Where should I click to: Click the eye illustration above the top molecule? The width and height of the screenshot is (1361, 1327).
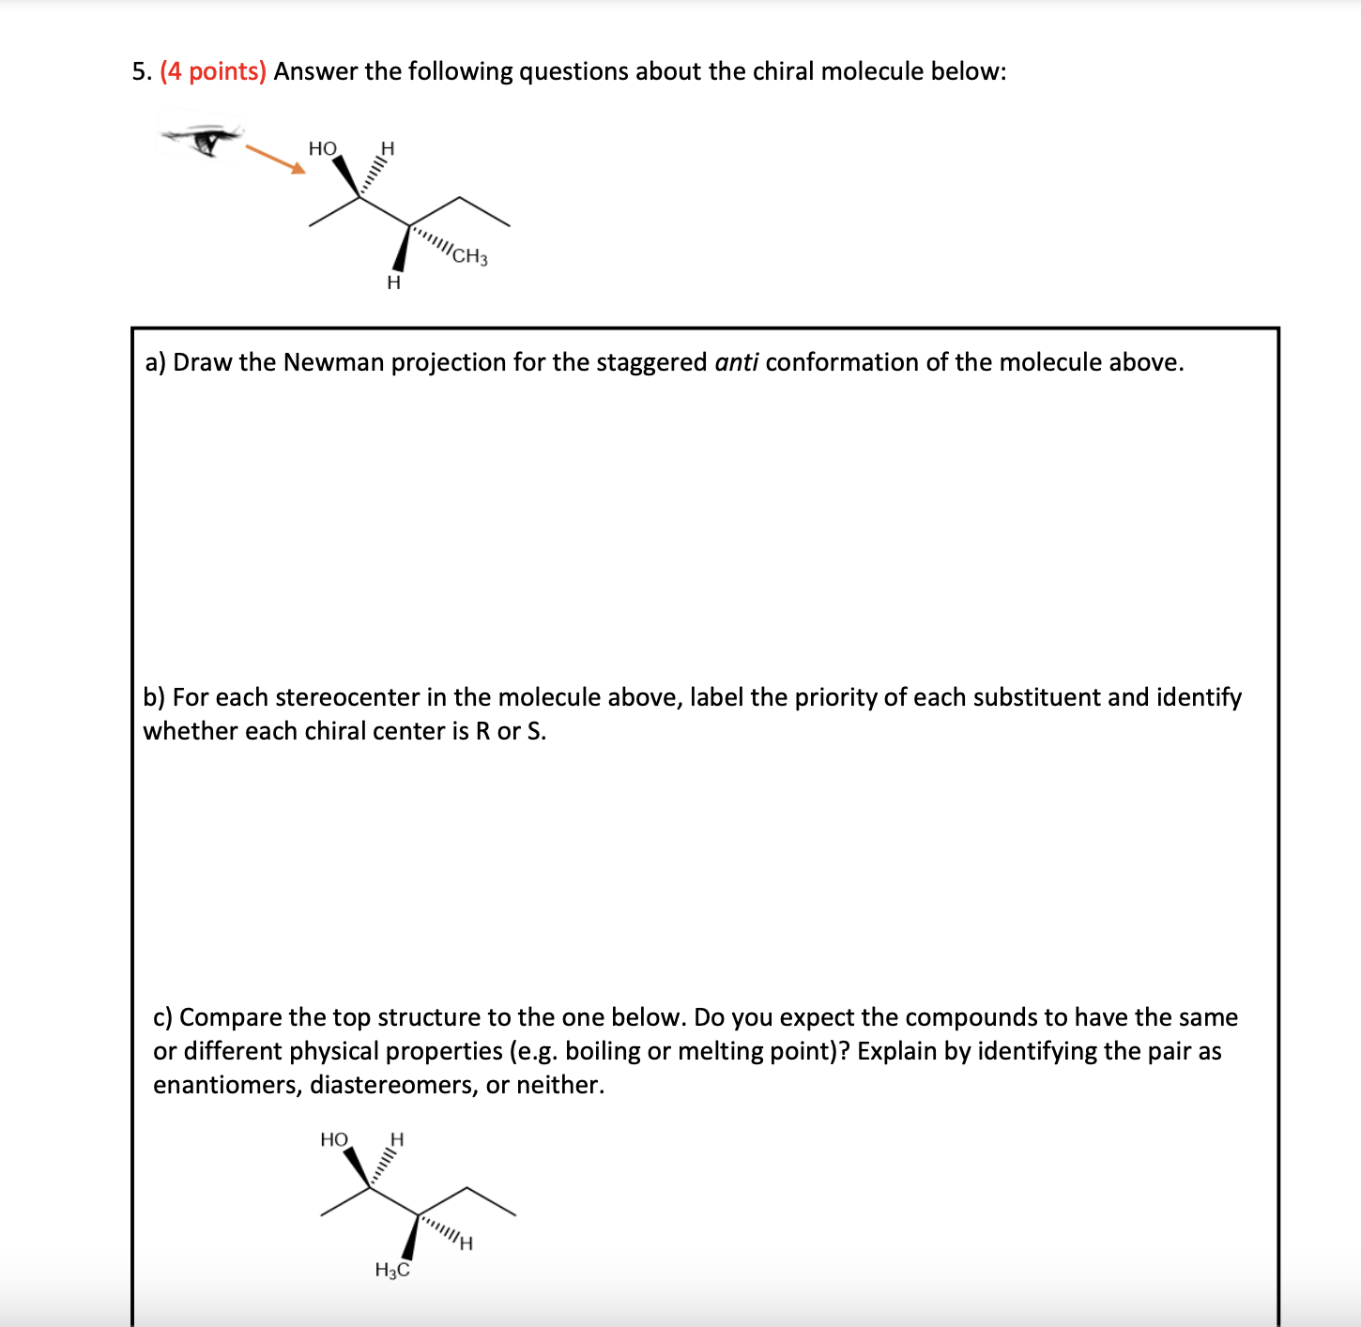(x=204, y=139)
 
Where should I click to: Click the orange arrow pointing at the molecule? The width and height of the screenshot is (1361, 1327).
(x=275, y=159)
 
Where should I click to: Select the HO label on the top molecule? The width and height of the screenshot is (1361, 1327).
(x=322, y=148)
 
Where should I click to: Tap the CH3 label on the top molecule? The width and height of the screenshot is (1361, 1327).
(x=469, y=255)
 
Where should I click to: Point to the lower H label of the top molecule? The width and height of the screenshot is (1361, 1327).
(x=393, y=282)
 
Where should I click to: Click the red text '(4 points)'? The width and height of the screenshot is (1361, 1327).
(x=213, y=71)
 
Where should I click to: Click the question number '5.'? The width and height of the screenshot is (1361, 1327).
(x=142, y=71)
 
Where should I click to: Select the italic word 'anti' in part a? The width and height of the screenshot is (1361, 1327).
(x=736, y=362)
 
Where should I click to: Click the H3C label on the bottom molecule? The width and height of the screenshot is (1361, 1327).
(x=392, y=1271)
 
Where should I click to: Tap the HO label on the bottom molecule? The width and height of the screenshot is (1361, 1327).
(x=333, y=1139)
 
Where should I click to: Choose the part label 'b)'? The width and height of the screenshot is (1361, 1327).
(x=155, y=697)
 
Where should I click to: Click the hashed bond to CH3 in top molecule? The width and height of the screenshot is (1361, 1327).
(x=431, y=238)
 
